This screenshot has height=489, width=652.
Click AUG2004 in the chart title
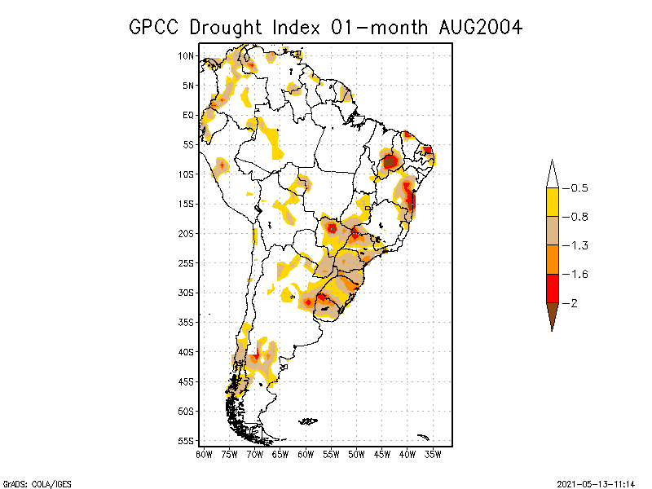(x=478, y=27)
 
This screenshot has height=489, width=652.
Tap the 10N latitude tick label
(x=186, y=55)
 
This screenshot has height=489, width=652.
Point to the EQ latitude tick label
(x=188, y=115)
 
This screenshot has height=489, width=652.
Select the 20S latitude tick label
(x=186, y=233)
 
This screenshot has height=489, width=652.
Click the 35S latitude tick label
(x=186, y=322)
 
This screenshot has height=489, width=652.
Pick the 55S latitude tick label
(x=186, y=440)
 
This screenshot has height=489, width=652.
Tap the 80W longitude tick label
(x=204, y=454)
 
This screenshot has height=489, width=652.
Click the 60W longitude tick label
(x=306, y=454)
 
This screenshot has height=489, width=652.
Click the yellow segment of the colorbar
(x=552, y=202)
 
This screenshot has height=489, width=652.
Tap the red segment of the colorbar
(x=552, y=288)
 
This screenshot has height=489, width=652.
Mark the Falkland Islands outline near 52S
(x=308, y=421)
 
